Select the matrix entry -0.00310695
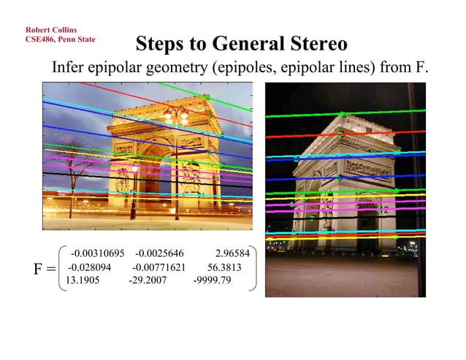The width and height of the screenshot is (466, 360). tap(98, 254)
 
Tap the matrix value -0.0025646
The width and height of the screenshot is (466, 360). tap(161, 254)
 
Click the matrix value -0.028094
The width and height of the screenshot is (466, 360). tap(89, 267)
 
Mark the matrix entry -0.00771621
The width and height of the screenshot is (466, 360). tap(158, 267)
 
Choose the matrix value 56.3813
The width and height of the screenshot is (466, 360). tap(224, 267)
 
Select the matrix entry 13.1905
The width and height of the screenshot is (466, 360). tap(82, 280)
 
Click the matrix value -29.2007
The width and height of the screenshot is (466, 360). tap(148, 280)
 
